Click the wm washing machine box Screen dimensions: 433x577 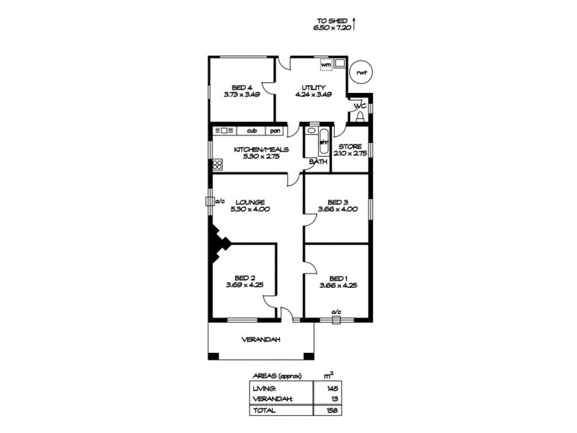click(326, 64)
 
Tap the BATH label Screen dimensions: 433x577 click(318, 162)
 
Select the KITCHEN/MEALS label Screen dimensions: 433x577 click(260, 150)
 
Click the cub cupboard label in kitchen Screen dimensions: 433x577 click(252, 131)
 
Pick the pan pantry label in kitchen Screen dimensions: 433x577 click(275, 131)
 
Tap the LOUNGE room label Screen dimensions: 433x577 click(250, 201)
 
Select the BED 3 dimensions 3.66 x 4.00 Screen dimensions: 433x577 click(338, 210)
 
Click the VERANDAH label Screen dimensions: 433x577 click(261, 340)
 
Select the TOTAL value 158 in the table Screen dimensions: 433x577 click(330, 410)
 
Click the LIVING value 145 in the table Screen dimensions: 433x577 click(330, 388)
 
